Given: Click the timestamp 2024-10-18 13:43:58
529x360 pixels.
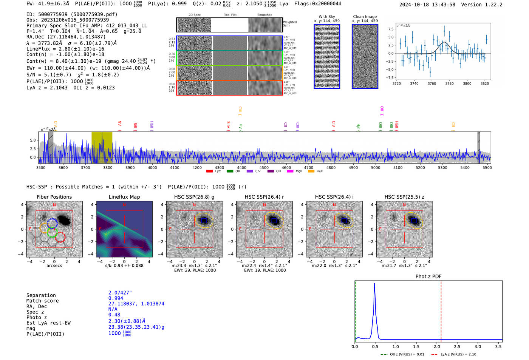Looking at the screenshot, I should click(x=427, y=5).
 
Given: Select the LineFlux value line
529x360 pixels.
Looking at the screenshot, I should click(x=65, y=49).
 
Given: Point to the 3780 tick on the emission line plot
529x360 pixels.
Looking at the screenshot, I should click(x=449, y=83).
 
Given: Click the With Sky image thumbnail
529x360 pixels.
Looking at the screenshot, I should click(x=327, y=56).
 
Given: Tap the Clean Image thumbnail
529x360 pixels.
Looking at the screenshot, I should click(x=365, y=56).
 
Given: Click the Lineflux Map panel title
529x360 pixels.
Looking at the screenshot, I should click(x=124, y=197).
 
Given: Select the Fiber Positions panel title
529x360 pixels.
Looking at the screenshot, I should click(x=54, y=197).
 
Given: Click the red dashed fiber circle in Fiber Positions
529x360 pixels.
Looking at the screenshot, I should click(x=60, y=237).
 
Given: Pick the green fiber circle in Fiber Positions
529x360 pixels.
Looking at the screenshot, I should click(x=52, y=232).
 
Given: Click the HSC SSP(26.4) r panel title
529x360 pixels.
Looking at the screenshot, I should click(x=264, y=197).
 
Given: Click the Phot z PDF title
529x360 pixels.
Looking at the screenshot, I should click(x=428, y=277).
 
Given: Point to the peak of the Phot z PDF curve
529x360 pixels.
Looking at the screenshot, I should click(x=374, y=284).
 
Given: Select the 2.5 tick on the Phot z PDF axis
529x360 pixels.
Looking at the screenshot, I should click(x=457, y=346).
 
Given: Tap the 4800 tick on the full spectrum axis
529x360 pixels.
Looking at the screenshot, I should click(x=331, y=167).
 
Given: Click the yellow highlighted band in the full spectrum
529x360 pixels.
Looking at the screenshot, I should click(x=102, y=147).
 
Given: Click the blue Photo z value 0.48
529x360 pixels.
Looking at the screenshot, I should click(x=114, y=315).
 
